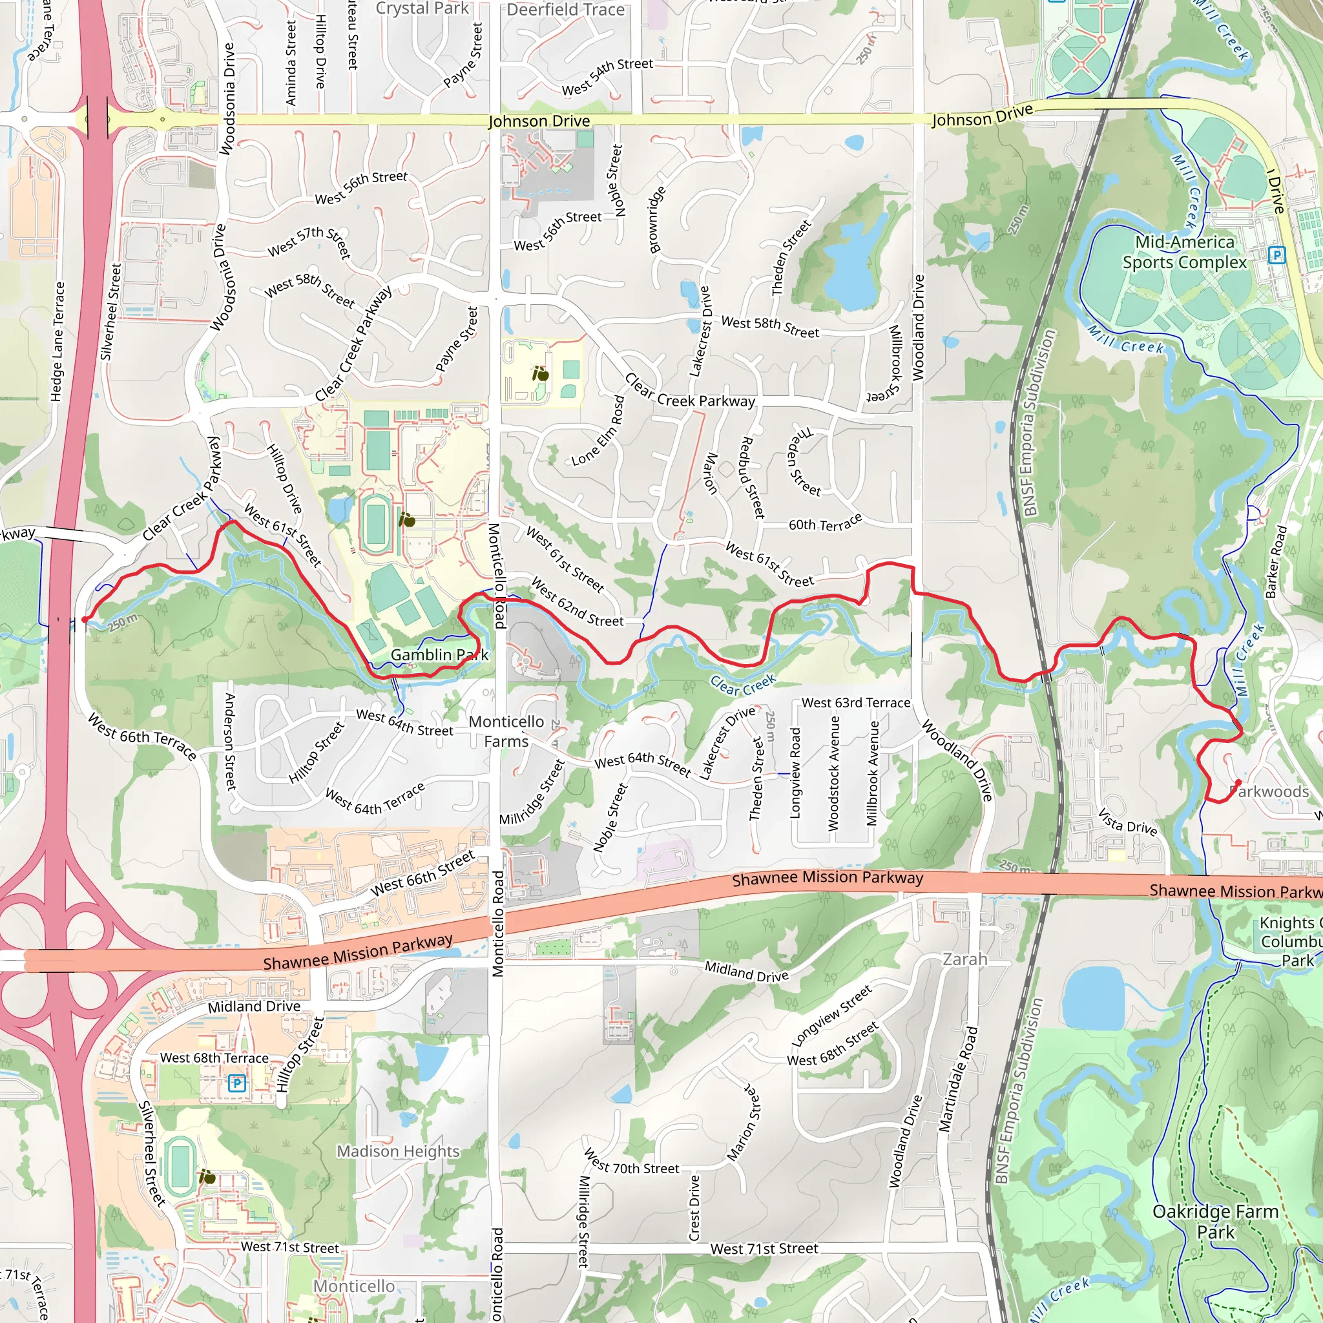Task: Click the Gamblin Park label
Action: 439,655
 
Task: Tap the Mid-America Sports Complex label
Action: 1184,252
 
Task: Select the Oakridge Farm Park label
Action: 1216,1222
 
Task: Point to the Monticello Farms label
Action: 506,731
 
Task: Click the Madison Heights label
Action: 398,1151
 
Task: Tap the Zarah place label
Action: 965,959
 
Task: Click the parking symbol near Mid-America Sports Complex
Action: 1276,255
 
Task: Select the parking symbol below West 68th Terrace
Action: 237,1083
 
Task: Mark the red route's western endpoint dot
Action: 84,620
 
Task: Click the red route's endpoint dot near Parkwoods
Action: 1238,782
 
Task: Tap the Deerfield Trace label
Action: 566,10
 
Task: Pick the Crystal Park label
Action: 422,8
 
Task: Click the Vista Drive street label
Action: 1127,823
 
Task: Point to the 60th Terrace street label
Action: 825,523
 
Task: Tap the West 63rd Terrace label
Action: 856,703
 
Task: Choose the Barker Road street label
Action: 1276,561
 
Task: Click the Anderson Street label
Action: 230,741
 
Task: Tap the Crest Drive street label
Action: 694,1208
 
